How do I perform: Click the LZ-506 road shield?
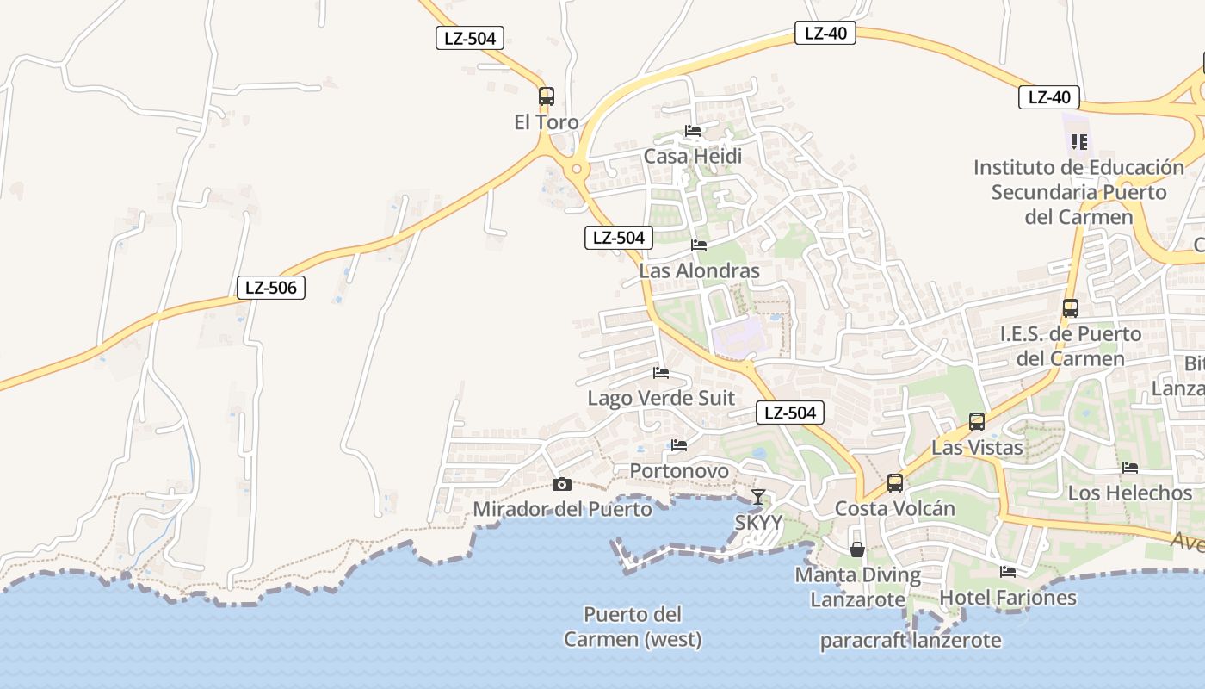tap(271, 288)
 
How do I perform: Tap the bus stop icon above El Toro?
tap(547, 96)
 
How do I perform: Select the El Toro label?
tap(547, 122)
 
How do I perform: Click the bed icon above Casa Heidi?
tap(693, 131)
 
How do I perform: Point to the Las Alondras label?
tap(699, 270)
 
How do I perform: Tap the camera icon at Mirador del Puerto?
tap(562, 484)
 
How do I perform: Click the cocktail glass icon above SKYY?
tap(758, 497)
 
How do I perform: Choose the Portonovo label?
tap(679, 471)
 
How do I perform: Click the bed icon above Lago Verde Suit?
tap(661, 372)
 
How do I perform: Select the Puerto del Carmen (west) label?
tap(633, 627)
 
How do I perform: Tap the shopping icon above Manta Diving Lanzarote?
tap(857, 549)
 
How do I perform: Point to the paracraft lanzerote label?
tap(910, 640)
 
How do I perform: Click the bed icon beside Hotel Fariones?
tap(1008, 571)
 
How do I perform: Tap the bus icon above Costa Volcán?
tap(895, 483)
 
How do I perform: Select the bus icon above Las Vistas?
tap(977, 422)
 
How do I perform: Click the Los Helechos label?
tap(1130, 493)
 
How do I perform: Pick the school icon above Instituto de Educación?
tap(1079, 141)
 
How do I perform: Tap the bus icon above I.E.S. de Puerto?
tap(1071, 308)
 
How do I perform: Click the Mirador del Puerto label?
tap(563, 509)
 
